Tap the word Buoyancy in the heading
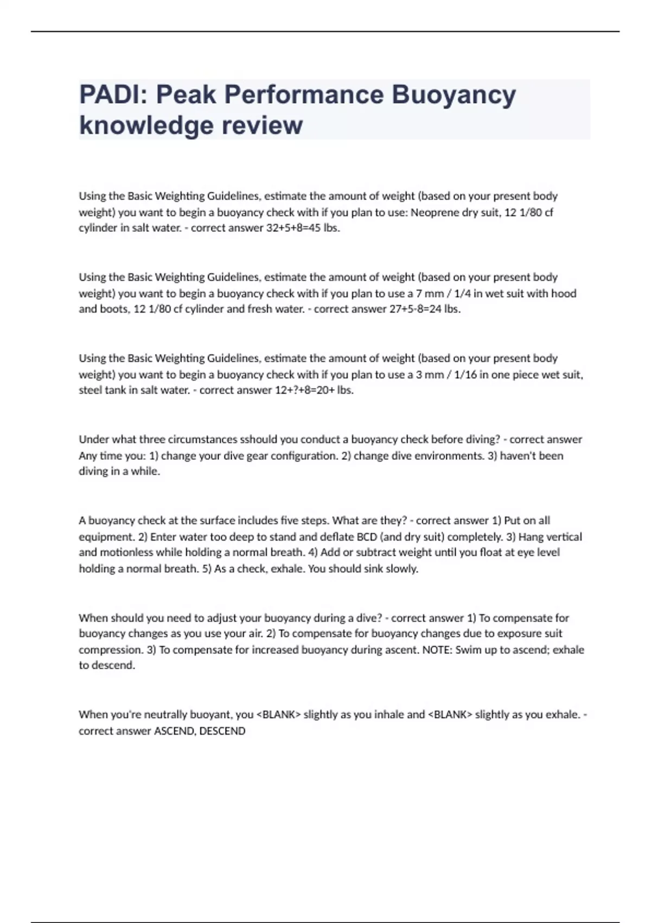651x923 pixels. tap(454, 96)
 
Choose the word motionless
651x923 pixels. tap(126, 552)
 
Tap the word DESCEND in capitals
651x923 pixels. tap(222, 731)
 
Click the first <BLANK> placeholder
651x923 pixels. tap(278, 715)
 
